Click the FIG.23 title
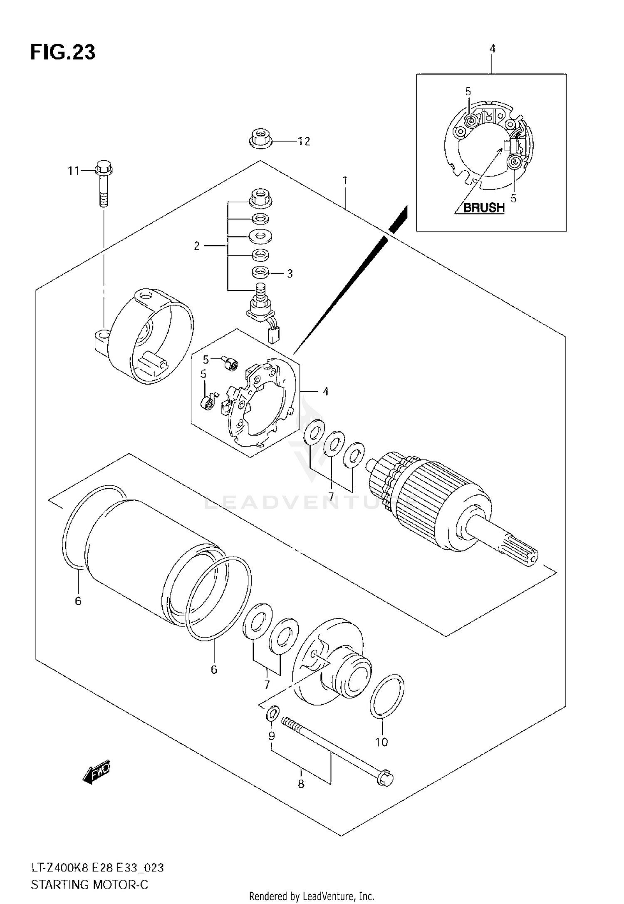coord(63,53)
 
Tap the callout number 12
coord(305,142)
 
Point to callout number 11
coord(74,171)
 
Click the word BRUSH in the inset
coord(483,207)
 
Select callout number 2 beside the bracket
coord(197,246)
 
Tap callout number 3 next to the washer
coord(290,273)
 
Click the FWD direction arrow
coord(96,773)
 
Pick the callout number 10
coord(381,742)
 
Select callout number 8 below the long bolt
coord(301,784)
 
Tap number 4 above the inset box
coord(492,49)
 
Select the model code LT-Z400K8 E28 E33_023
coord(97,867)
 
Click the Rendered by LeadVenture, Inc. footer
coord(312,896)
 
